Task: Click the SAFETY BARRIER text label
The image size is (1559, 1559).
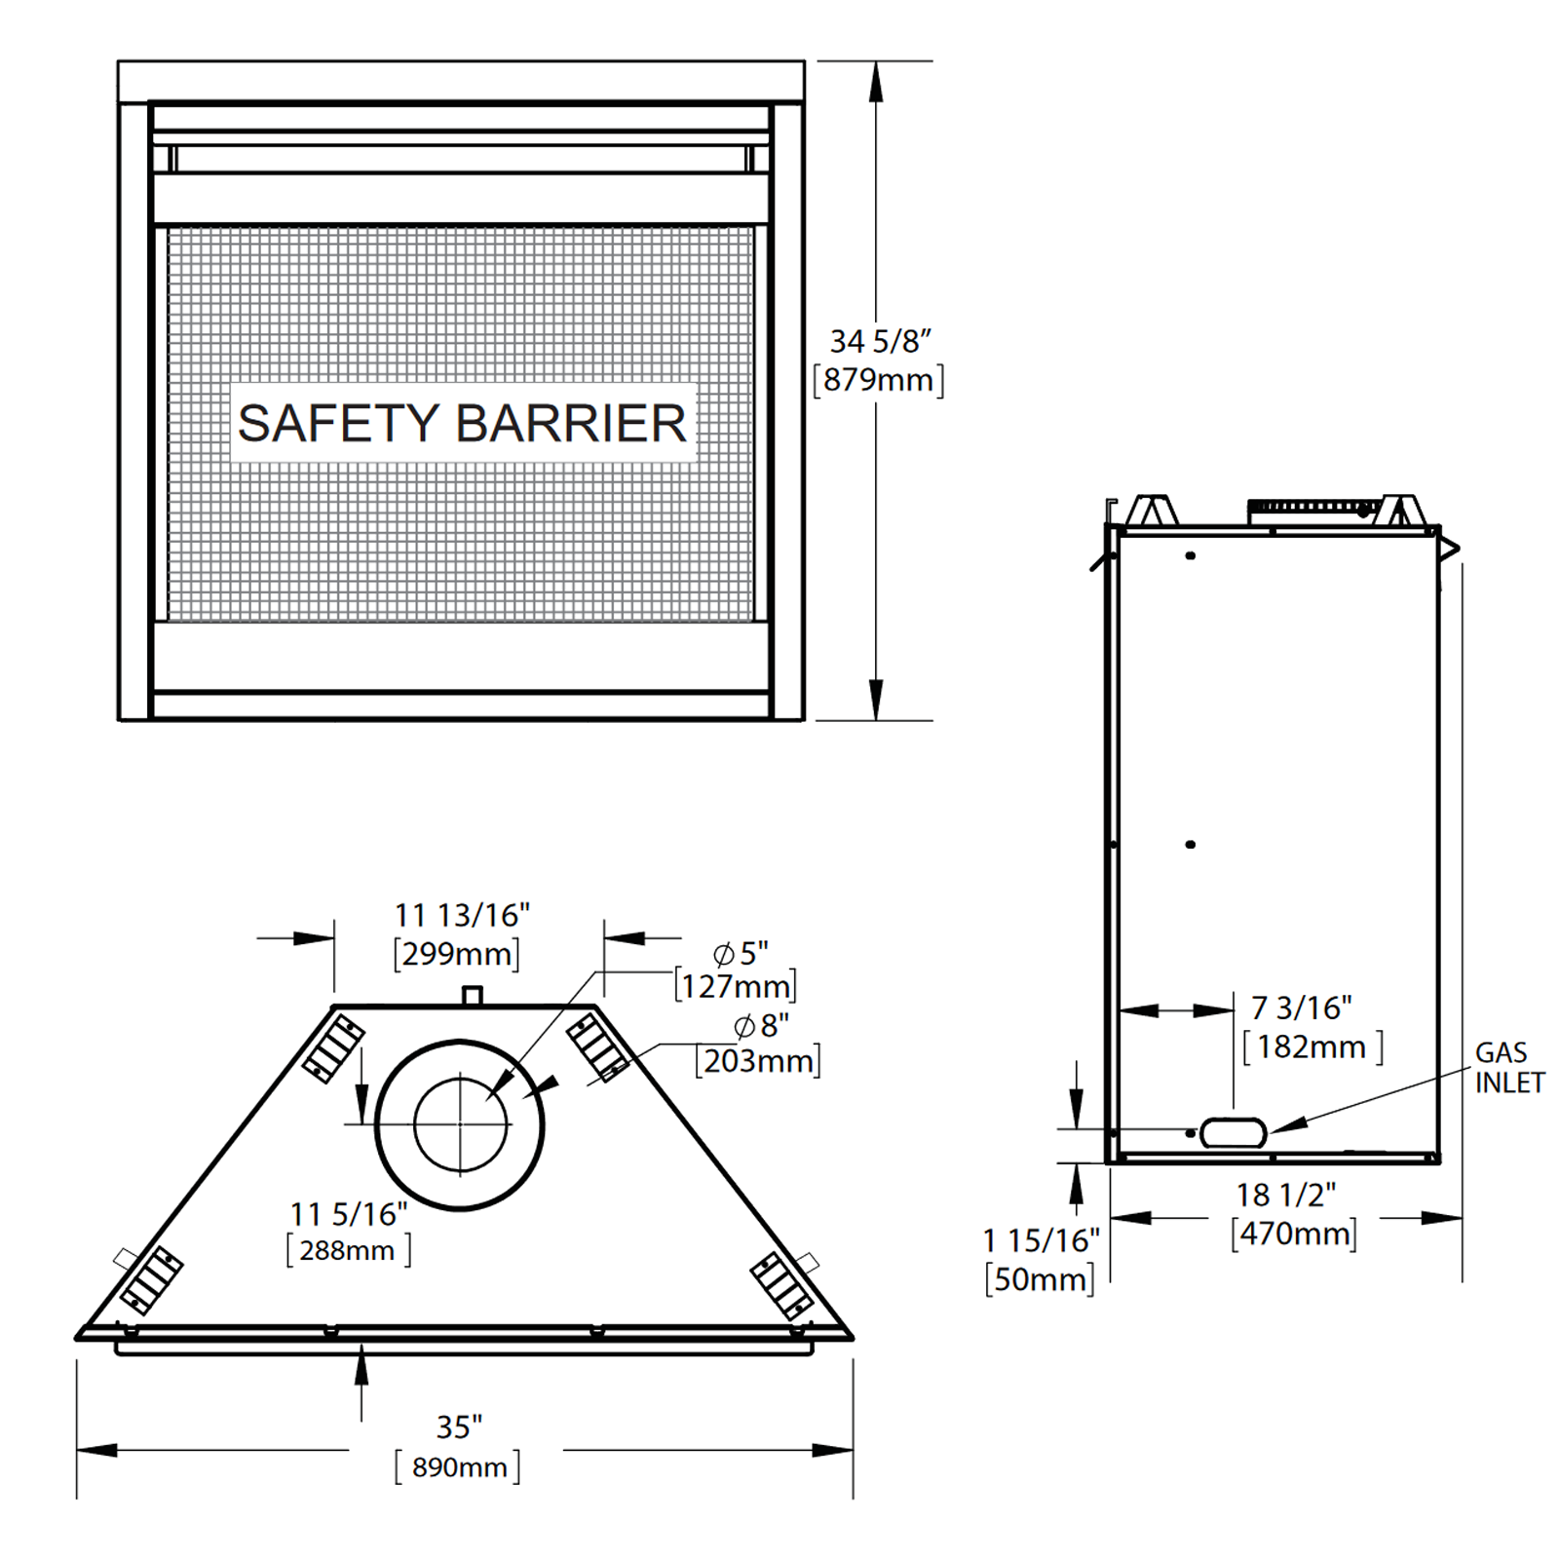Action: pos(462,424)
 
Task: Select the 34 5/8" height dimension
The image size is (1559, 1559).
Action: pos(880,342)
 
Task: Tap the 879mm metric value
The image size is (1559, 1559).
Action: pos(879,380)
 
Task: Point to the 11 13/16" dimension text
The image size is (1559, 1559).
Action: pos(462,916)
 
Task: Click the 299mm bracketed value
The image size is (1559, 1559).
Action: pos(456,954)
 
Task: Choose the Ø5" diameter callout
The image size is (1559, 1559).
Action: pos(741,953)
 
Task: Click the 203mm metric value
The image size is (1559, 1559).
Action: pos(758,1061)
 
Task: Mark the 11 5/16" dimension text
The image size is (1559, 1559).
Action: pos(349,1215)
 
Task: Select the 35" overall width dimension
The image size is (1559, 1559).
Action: pos(459,1427)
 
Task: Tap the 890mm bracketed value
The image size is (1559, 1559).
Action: pos(458,1467)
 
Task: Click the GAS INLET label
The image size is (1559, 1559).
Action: pos(1508,1068)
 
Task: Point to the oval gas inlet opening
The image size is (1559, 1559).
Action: pos(1233,1132)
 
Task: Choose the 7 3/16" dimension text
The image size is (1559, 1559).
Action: pos(1301,1008)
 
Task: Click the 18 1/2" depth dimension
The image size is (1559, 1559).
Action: pos(1286,1196)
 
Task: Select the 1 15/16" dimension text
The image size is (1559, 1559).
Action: pos(1041,1241)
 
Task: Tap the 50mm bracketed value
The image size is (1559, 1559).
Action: pos(1040,1279)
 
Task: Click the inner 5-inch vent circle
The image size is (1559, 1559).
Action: pos(461,1124)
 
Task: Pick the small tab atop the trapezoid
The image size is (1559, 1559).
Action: pos(472,996)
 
